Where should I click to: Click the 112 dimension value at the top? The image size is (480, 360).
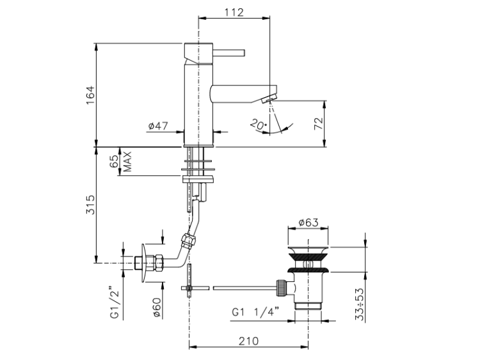tap(234, 12)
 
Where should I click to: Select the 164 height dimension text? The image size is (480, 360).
tap(91, 95)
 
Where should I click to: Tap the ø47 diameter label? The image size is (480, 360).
tap(158, 125)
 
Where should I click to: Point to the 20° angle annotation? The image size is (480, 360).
tap(258, 124)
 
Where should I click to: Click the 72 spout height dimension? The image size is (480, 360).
tap(319, 123)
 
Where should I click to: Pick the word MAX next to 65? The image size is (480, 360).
tap(127, 162)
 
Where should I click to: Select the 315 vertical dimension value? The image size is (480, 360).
tap(91, 205)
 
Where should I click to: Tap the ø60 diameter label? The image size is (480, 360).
tap(157, 307)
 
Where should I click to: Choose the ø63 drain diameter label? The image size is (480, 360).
tap(308, 222)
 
